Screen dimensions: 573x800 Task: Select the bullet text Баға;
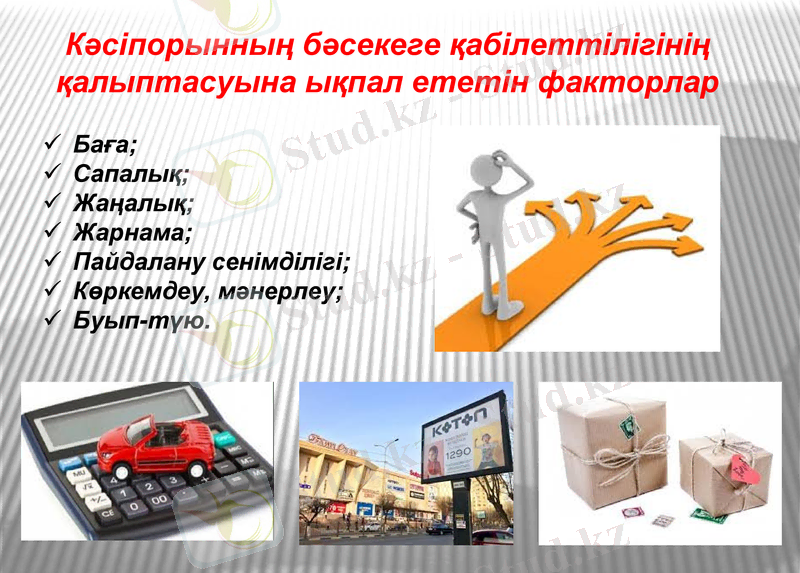point(105,145)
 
